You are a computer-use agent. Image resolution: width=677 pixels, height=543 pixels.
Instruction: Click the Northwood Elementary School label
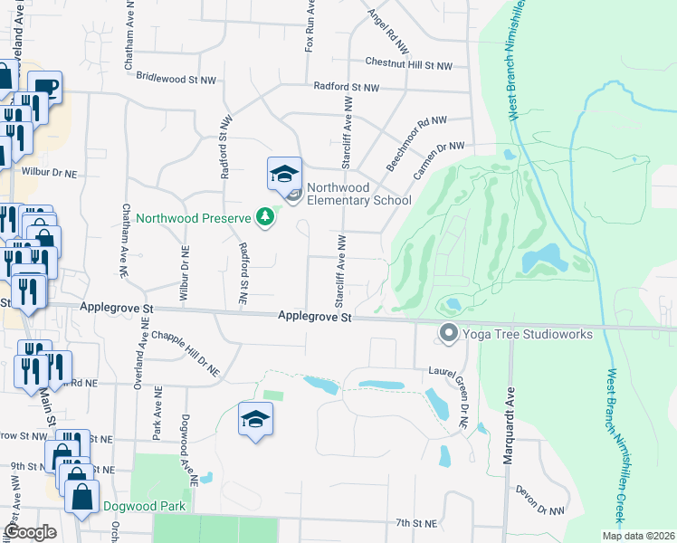[358, 194]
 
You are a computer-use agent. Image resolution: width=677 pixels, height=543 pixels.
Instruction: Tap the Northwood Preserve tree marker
[264, 217]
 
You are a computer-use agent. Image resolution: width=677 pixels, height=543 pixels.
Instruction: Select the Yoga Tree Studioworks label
[528, 334]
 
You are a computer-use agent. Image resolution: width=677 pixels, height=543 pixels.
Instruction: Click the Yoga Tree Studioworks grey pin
[447, 334]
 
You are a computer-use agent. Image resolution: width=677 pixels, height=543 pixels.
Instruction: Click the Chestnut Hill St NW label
[408, 64]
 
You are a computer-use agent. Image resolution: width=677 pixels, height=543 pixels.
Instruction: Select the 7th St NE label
[416, 523]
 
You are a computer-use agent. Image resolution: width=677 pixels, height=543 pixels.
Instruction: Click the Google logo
[30, 532]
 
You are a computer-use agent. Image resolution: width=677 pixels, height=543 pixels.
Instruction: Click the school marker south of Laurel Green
[256, 419]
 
